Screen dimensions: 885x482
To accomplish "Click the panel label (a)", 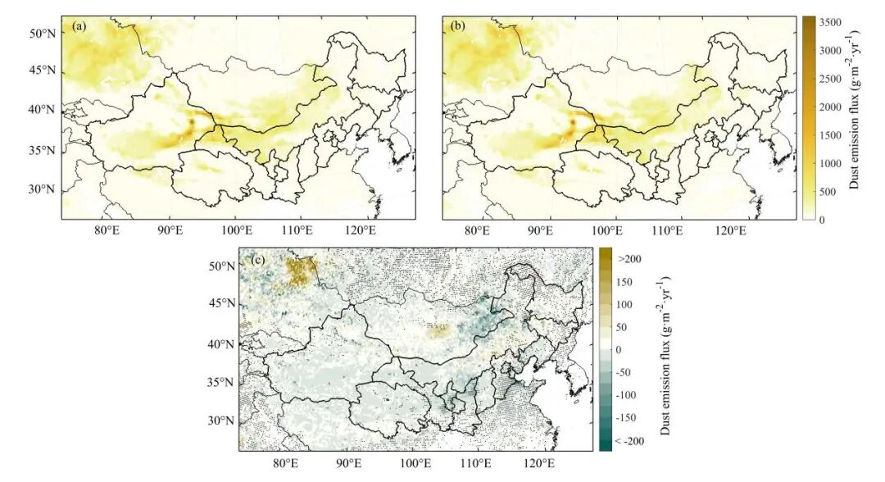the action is (79, 26).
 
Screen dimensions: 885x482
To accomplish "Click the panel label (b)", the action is (458, 26).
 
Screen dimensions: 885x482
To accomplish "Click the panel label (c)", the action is (257, 260).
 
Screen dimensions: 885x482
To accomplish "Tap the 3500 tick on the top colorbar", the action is (829, 23).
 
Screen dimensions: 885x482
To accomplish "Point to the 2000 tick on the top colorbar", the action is (829, 107).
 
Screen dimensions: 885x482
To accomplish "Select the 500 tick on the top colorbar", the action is (828, 192).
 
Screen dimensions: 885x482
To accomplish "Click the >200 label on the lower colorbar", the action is (629, 259).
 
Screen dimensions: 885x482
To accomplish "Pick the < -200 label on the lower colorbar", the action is (629, 441).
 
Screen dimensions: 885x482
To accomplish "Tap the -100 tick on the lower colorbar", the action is (625, 395).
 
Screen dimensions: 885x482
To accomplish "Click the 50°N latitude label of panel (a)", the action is (43, 34).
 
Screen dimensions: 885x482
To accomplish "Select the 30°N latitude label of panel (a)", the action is (43, 189).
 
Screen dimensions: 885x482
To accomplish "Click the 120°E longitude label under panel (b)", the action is (731, 230).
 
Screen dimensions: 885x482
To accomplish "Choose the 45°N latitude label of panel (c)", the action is (221, 303).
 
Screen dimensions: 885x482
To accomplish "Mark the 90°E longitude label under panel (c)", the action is (349, 463).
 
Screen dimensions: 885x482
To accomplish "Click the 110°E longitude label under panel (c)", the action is (476, 463).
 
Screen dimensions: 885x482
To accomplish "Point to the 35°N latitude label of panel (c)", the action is (221, 382).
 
